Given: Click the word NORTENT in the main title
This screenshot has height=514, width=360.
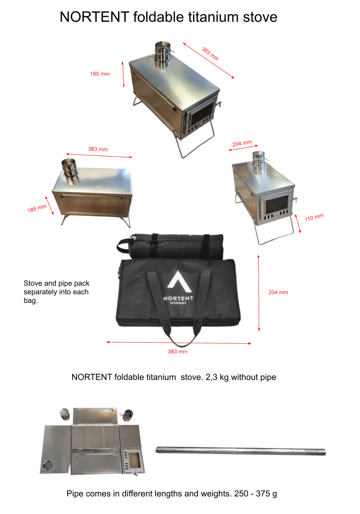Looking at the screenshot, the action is pyautogui.click(x=94, y=17).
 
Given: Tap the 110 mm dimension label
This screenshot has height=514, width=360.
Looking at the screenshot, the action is pyautogui.click(x=314, y=217).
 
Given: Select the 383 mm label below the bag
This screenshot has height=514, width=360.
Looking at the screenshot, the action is pyautogui.click(x=178, y=351).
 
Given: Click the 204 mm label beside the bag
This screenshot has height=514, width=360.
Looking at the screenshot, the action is pyautogui.click(x=278, y=292).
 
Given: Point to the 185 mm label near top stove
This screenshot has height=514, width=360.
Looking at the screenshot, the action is pyautogui.click(x=100, y=74).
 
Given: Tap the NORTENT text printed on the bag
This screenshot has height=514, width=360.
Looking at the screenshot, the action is pyautogui.click(x=178, y=298).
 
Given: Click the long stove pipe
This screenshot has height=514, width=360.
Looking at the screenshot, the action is pyautogui.click(x=241, y=451).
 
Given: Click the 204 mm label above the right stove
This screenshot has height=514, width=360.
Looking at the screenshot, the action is pyautogui.click(x=242, y=143).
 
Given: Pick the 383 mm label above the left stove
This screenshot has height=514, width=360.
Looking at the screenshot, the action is pyautogui.click(x=98, y=149).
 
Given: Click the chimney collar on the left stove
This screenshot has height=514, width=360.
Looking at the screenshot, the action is pyautogui.click(x=69, y=168).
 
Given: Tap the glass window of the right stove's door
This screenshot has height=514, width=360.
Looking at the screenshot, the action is pyautogui.click(x=277, y=205).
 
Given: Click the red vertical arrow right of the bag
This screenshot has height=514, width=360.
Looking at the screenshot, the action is pyautogui.click(x=259, y=293).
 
